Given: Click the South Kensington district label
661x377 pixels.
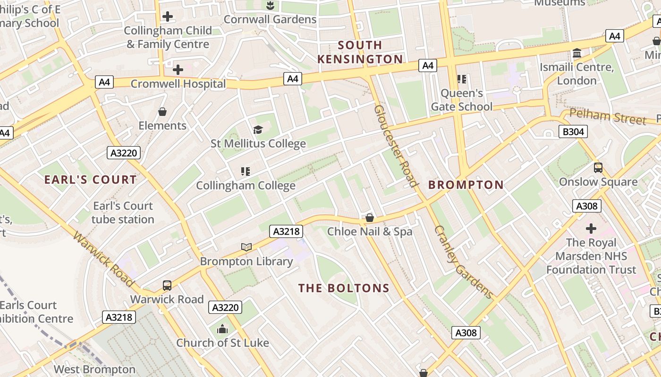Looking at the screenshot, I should pyautogui.click(x=360, y=52).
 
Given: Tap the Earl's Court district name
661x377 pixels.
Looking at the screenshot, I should pyautogui.click(x=90, y=180).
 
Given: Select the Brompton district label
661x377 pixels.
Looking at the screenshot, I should pyautogui.click(x=466, y=185).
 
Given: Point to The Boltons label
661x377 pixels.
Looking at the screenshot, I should pyautogui.click(x=344, y=288).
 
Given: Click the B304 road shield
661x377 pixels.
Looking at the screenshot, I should pyautogui.click(x=574, y=131).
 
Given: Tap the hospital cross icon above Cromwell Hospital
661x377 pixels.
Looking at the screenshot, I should pyautogui.click(x=178, y=70).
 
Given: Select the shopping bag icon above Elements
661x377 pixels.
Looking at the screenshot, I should pyautogui.click(x=162, y=112).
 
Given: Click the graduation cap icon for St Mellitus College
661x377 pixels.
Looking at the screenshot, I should pyautogui.click(x=258, y=130).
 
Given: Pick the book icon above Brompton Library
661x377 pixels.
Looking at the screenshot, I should pyautogui.click(x=246, y=247).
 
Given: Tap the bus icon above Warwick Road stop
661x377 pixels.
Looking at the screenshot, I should pyautogui.click(x=167, y=285).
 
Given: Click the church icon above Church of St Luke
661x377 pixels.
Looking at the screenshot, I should pyautogui.click(x=222, y=329).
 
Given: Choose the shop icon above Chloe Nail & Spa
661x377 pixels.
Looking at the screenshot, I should pyautogui.click(x=370, y=218).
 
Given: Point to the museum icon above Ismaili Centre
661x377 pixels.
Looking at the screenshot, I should pyautogui.click(x=576, y=53).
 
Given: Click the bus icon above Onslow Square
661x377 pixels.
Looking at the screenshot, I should pyautogui.click(x=598, y=167).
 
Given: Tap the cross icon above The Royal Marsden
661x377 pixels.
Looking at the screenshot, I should pyautogui.click(x=591, y=229).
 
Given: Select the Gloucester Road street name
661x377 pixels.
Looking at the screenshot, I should pyautogui.click(x=396, y=146).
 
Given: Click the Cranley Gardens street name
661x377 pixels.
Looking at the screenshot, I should pyautogui.click(x=463, y=262).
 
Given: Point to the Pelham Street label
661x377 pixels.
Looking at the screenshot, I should pyautogui.click(x=607, y=116).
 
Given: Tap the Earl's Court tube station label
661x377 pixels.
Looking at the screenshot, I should pyautogui.click(x=123, y=213).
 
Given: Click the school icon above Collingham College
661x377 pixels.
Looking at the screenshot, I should pyautogui.click(x=245, y=171).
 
